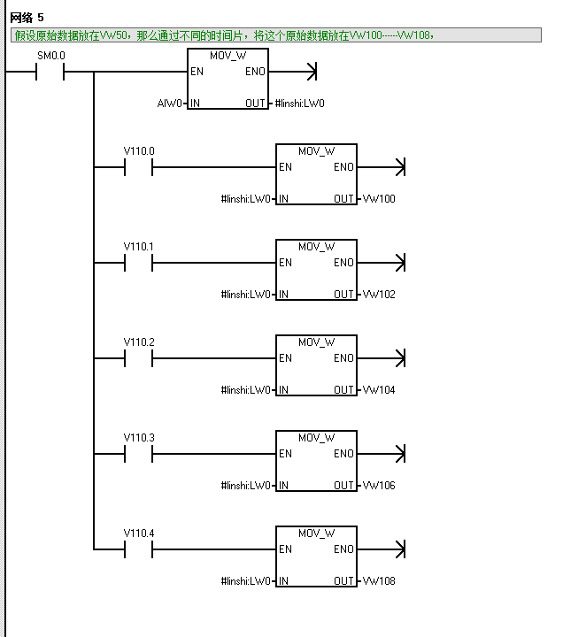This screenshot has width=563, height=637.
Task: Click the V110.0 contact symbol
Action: (x=139, y=167)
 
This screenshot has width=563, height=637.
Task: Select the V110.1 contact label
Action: (x=139, y=246)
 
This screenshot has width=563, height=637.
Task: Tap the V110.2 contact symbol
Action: (x=139, y=358)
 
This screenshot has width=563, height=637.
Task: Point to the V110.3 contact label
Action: (x=139, y=437)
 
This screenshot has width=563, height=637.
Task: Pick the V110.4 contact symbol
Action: (x=139, y=549)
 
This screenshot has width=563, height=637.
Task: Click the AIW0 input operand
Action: (x=169, y=104)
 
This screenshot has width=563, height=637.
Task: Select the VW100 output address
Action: (x=378, y=199)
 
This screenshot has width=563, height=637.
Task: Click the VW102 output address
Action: (x=378, y=295)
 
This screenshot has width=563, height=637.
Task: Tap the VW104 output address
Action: (x=378, y=390)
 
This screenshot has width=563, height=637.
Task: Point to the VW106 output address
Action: (x=378, y=486)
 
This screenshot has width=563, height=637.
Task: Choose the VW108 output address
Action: (x=378, y=581)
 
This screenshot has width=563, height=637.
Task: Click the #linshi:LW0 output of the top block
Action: (x=300, y=104)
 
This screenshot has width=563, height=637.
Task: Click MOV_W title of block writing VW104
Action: (x=316, y=342)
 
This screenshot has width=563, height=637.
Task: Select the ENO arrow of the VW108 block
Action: (x=398, y=549)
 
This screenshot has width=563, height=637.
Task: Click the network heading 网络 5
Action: (x=27, y=18)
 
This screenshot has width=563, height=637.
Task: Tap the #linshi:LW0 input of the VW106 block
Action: (x=246, y=486)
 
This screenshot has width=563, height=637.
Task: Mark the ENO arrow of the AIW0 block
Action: (x=310, y=72)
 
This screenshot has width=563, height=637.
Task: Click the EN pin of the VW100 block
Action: (x=285, y=167)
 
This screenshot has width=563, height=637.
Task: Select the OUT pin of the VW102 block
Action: (x=344, y=295)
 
